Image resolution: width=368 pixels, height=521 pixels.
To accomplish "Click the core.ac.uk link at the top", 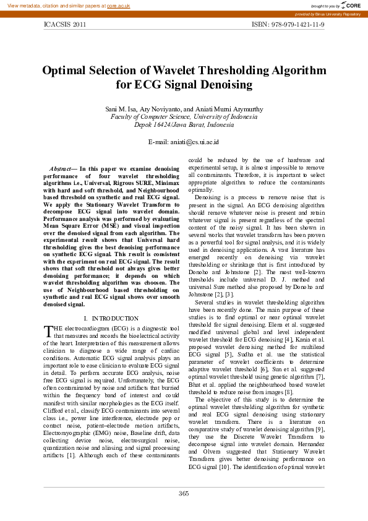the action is coord(118,5).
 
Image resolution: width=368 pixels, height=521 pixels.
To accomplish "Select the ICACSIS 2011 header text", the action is coord(65,25).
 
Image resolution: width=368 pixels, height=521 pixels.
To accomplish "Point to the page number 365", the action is coord(184,493).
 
